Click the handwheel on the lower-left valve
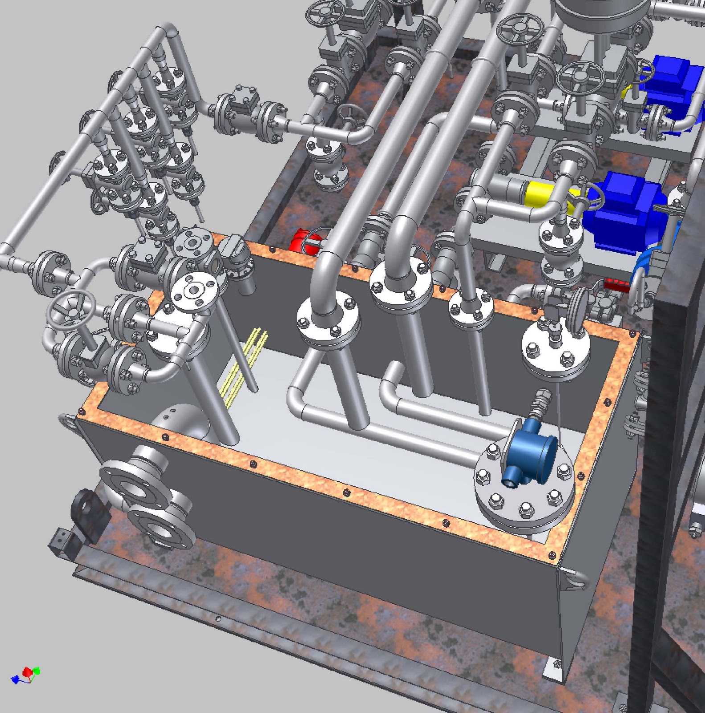[72, 308]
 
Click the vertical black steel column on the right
[660, 490]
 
